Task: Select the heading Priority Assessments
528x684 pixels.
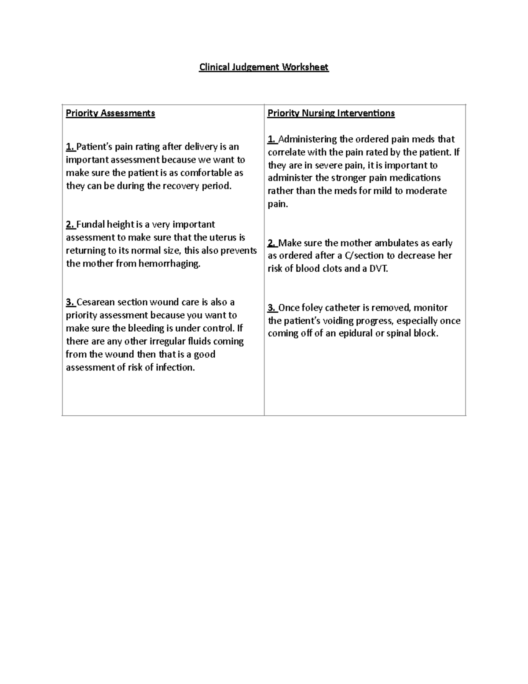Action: coord(110,113)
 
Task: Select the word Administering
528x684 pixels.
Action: coord(308,139)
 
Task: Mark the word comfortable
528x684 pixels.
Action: coord(206,173)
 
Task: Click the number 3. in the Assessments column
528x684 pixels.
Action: coord(70,302)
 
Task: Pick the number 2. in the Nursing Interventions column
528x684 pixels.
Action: coord(272,243)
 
